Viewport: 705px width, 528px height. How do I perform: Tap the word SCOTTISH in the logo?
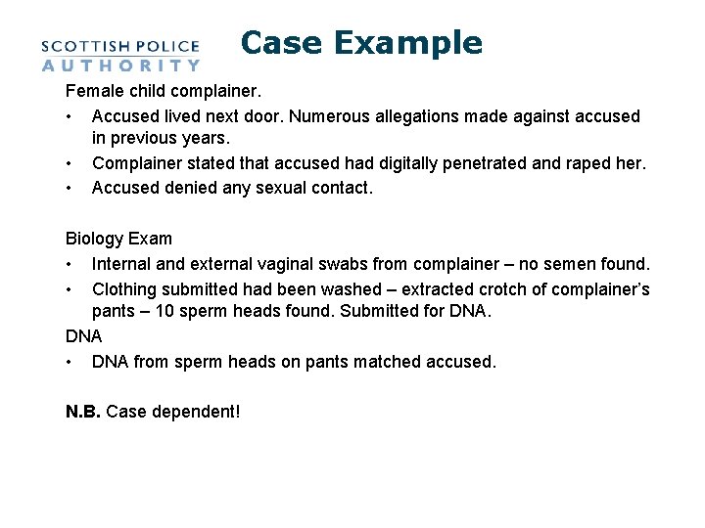(89, 46)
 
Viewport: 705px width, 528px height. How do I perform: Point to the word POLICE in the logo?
(168, 46)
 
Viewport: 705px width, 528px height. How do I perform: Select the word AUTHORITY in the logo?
(120, 66)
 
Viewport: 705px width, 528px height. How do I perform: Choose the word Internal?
(124, 264)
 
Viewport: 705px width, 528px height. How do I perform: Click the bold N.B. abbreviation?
(82, 411)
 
